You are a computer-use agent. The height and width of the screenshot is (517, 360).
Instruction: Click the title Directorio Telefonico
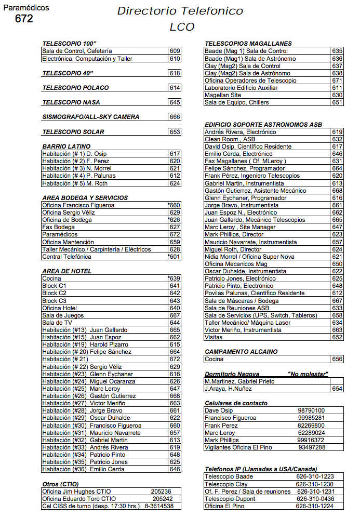pos(180,11)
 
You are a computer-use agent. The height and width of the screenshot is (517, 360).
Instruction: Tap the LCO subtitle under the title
pos(182,27)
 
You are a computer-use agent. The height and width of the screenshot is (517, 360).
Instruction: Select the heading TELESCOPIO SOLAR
pos(73,132)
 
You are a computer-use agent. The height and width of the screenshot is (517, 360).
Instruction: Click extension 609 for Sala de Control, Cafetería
pos(175,51)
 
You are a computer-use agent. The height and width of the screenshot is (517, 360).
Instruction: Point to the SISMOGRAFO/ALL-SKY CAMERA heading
pos(90,117)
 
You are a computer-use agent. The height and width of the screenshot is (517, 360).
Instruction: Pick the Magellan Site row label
pos(223,95)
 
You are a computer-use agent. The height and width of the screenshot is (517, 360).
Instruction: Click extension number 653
pos(175,132)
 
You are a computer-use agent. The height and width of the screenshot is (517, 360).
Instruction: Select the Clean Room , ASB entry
pos(230,139)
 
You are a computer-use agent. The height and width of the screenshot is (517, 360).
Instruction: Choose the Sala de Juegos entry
pos(63,315)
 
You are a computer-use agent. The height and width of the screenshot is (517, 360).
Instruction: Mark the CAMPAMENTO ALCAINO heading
pos(241,352)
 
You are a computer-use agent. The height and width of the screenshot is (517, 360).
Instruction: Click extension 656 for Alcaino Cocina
pos(337,359)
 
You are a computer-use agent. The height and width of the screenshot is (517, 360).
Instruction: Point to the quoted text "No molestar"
pos(308,374)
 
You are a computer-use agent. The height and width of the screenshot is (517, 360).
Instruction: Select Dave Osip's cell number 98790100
pos(311,410)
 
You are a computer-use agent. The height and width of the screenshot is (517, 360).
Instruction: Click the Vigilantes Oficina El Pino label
pos(238,447)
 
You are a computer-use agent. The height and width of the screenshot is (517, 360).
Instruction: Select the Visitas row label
pos(214,337)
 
